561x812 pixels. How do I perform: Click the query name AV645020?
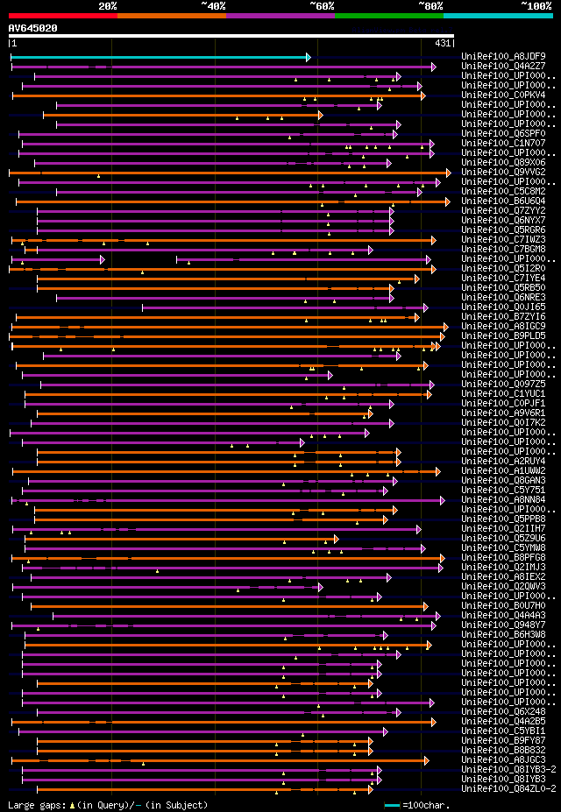(33, 28)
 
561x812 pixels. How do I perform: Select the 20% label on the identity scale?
(108, 5)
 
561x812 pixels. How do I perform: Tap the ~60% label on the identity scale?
(322, 5)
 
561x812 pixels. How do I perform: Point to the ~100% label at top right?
(536, 5)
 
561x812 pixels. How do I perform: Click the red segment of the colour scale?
(62, 15)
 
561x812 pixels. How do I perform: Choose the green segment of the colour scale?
(388, 15)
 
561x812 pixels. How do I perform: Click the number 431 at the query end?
(443, 43)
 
